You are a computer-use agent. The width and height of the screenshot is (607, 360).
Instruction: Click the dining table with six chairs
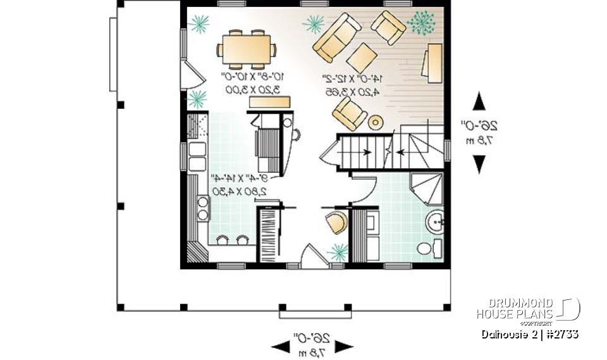pos(247,49)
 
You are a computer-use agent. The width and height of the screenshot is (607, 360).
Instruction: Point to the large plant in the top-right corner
pos(422,23)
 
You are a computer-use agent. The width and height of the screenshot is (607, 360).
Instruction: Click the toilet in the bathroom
pos(427,249)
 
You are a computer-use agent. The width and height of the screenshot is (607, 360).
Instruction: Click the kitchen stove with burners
pos(202,208)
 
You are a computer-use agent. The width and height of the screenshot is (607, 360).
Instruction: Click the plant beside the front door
pos(338,253)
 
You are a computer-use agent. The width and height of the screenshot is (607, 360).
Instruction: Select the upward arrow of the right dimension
pos(479,101)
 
